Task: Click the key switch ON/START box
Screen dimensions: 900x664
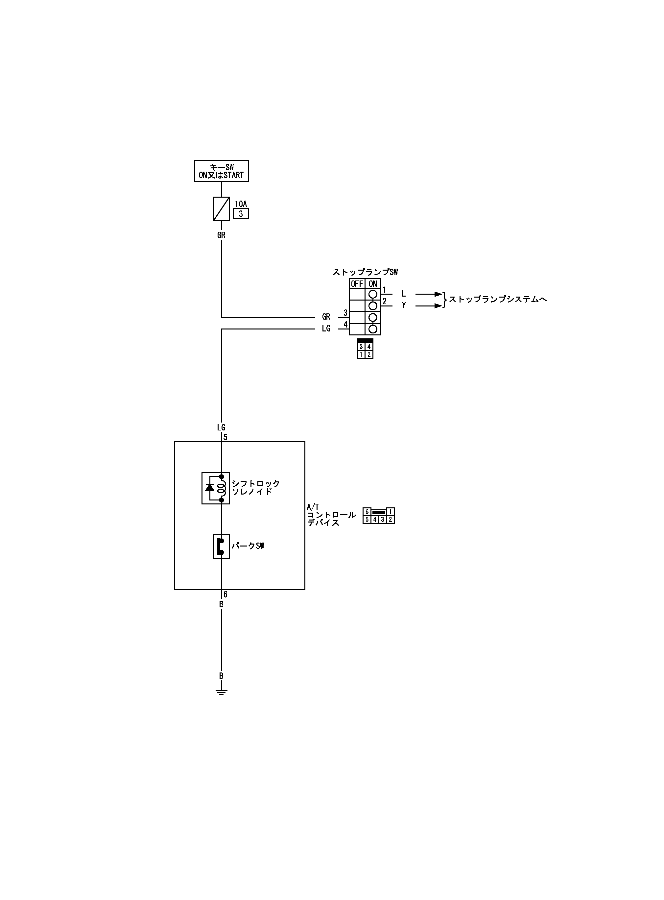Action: (x=221, y=171)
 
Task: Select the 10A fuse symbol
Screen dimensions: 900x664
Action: (x=221, y=208)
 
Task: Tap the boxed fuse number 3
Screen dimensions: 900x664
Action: (x=241, y=214)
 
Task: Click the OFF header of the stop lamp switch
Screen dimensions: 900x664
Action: (x=357, y=284)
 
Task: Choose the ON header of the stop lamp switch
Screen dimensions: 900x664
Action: (x=372, y=284)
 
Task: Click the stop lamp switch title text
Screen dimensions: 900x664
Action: (x=365, y=272)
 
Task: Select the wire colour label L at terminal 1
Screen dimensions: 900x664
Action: (x=404, y=294)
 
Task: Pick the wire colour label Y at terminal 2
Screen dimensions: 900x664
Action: (x=404, y=305)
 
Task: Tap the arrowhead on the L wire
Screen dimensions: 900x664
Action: (x=438, y=294)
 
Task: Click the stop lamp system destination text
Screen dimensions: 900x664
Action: (x=498, y=300)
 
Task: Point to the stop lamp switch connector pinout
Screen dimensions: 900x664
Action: (x=365, y=349)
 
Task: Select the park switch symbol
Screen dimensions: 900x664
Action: (x=221, y=546)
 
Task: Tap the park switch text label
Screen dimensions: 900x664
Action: (x=248, y=546)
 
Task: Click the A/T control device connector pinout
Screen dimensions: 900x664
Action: (x=378, y=516)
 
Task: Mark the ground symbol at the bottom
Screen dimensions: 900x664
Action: (x=221, y=692)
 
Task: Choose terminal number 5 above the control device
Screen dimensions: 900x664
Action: (x=225, y=437)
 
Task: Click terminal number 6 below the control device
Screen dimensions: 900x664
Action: (x=225, y=595)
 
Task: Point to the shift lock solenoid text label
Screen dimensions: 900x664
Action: (x=256, y=487)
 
